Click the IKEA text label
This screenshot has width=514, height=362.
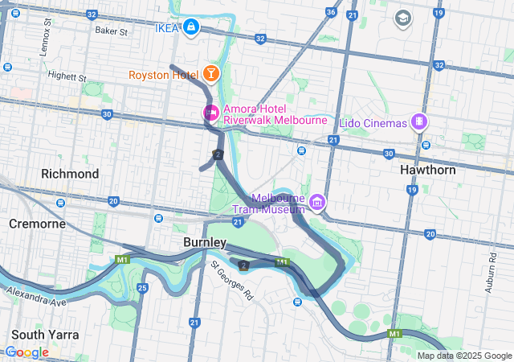click(x=165, y=29)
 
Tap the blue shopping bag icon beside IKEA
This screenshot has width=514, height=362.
click(x=190, y=28)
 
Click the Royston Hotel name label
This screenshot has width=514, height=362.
click(x=163, y=75)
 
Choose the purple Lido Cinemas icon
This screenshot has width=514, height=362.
click(x=418, y=122)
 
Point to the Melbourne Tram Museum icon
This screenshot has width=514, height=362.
click(x=317, y=201)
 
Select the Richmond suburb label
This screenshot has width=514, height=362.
click(x=70, y=174)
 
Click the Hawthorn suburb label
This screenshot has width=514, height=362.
click(x=428, y=171)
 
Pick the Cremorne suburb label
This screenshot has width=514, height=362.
click(x=37, y=223)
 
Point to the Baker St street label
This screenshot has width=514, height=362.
click(x=111, y=31)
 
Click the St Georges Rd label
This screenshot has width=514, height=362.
click(x=231, y=280)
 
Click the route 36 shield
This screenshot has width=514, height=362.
click(x=331, y=13)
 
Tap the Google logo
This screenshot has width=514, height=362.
click(x=27, y=352)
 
